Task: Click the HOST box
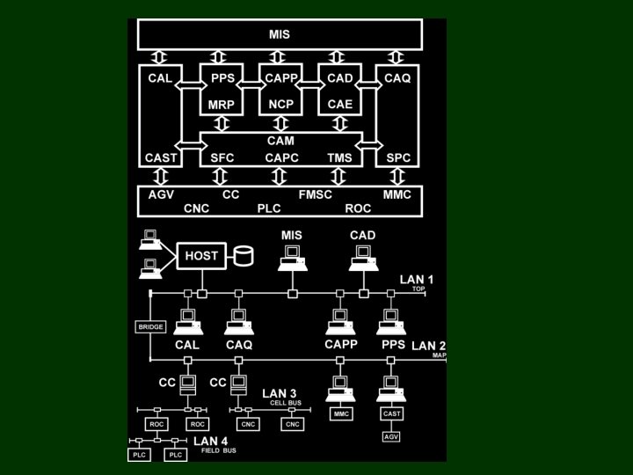201,256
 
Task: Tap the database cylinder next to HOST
243,257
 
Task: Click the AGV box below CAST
390,436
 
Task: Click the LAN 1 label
417,280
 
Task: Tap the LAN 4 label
211,441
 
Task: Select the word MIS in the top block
279,35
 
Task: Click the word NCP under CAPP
281,105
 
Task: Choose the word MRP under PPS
221,105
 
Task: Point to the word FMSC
316,194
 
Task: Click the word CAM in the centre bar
280,141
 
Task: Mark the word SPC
399,157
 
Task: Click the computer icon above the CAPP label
340,321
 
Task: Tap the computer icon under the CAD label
362,256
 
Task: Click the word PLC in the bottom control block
268,209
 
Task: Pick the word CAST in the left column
161,157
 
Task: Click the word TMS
339,157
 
